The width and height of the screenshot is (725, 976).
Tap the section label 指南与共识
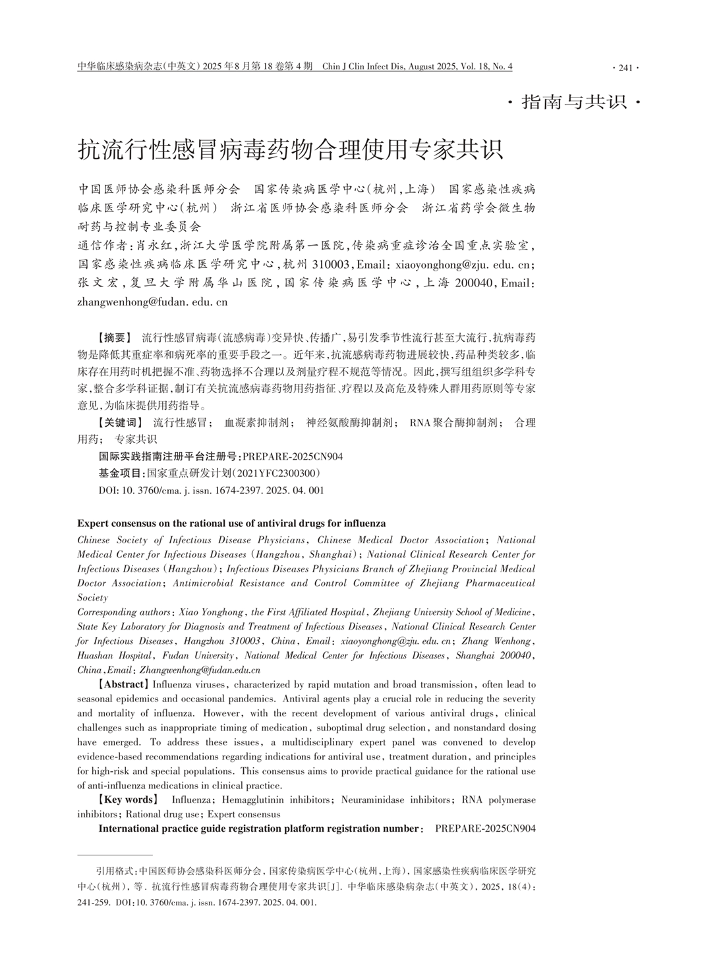[x=573, y=102]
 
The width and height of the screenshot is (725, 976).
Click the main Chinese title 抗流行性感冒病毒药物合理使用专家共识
[x=291, y=149]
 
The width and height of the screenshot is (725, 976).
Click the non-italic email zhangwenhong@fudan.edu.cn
[x=152, y=302]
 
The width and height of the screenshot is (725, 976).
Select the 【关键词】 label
[x=119, y=423]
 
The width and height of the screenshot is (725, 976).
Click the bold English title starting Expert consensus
[x=231, y=523]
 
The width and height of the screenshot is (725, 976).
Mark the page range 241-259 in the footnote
[x=90, y=902]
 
